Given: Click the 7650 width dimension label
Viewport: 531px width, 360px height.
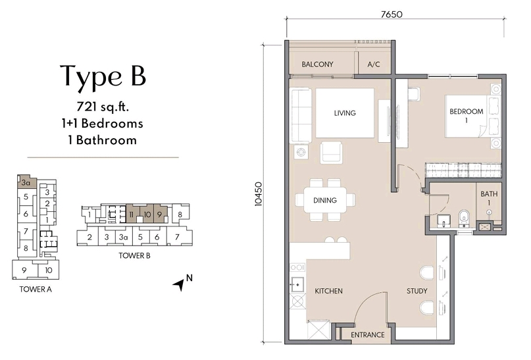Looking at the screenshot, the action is pos(392,14).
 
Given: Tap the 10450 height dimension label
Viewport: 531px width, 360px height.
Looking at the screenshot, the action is pos(259,194).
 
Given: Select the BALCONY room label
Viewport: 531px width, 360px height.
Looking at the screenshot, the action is pos(317,64).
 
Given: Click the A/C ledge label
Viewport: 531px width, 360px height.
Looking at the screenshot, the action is pos(374,64).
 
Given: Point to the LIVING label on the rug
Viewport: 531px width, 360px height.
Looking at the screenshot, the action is pos(345,113).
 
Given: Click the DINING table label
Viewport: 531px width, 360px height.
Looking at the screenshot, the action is pos(325,200).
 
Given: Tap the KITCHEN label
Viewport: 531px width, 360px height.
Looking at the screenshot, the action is pos(328,291).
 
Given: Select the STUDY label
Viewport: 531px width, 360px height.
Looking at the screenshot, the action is pos(417,291).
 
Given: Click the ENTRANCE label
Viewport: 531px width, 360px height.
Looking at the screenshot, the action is pos(367,335).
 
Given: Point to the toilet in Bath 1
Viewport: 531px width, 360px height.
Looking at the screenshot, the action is pos(463,219).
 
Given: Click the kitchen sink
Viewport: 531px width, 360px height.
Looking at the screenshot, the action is pos(297,284).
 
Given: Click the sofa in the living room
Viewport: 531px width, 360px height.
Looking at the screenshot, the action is pos(301,115).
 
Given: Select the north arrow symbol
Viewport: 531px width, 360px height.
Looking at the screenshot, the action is pos(179,284).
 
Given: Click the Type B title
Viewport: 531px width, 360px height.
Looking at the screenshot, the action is pos(103,76).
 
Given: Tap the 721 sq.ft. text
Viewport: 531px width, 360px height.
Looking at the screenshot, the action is pos(103,107).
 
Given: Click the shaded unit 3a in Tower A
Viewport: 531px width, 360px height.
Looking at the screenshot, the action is pos(26,183).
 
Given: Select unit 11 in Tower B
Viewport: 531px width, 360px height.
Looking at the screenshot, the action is pos(132,214).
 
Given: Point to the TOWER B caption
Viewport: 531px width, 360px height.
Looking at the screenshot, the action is pos(134,256).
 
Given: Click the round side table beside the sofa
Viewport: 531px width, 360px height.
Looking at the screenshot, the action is pos(301,153).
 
